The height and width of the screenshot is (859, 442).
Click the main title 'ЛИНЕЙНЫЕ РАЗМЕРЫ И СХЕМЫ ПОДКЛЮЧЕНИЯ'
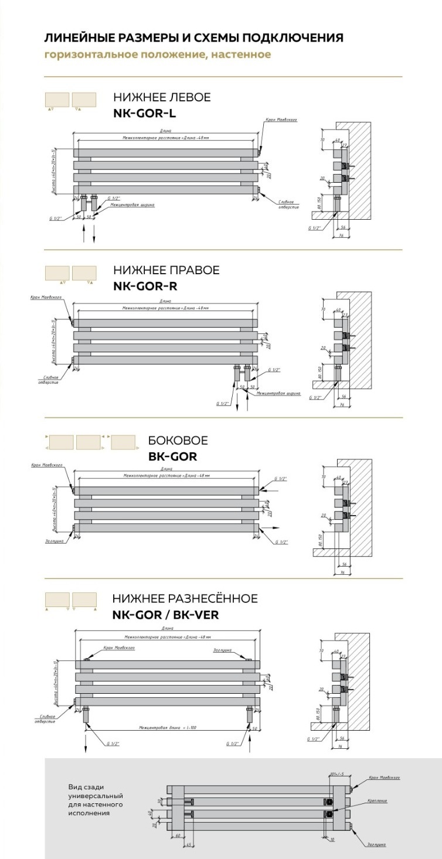[193, 38]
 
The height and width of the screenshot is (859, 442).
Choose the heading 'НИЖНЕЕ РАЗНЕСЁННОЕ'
[185, 598]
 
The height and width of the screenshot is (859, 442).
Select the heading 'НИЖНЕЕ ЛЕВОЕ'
[162, 97]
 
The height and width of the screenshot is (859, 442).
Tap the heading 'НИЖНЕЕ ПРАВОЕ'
[166, 270]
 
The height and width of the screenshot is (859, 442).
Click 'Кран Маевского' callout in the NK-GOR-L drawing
[281, 120]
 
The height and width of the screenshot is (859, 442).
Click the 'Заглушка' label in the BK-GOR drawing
[53, 541]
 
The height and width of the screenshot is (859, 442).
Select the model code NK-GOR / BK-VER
[170, 615]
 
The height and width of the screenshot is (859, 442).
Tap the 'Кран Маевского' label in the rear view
[384, 777]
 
